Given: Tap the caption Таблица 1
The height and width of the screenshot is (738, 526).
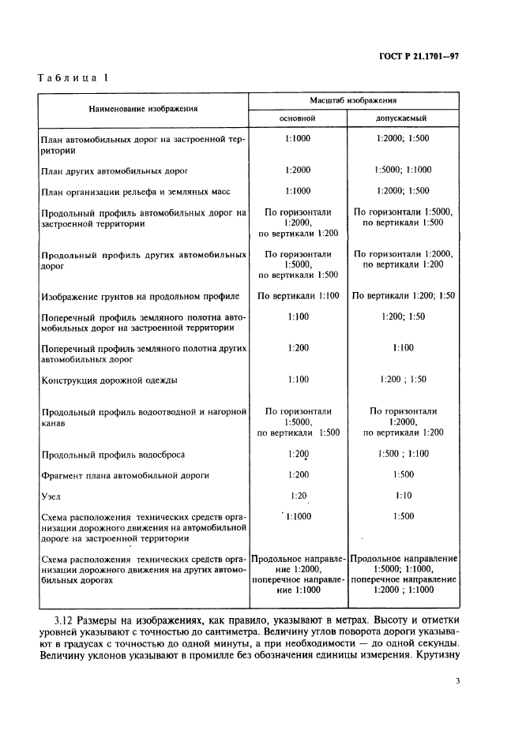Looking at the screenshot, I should pyautogui.click(x=73, y=77).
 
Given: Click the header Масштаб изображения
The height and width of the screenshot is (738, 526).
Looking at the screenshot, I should pyautogui.click(x=353, y=101).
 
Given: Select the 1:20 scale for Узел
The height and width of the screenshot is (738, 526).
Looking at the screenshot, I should pyautogui.click(x=298, y=496).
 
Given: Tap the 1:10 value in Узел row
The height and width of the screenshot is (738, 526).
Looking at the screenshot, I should pyautogui.click(x=403, y=496).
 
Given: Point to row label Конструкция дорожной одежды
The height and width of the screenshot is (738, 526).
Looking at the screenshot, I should pyautogui.click(x=108, y=380).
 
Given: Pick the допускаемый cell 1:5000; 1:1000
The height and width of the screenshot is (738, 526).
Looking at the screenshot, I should pyautogui.click(x=403, y=170).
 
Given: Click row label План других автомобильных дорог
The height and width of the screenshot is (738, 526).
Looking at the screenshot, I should pyautogui.click(x=114, y=170).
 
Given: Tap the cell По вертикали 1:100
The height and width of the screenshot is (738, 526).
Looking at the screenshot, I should pyautogui.click(x=298, y=296).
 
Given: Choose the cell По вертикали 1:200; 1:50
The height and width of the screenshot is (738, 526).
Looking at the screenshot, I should pyautogui.click(x=403, y=296).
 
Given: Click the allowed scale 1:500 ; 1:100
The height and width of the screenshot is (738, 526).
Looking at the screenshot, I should pyautogui.click(x=403, y=455).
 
